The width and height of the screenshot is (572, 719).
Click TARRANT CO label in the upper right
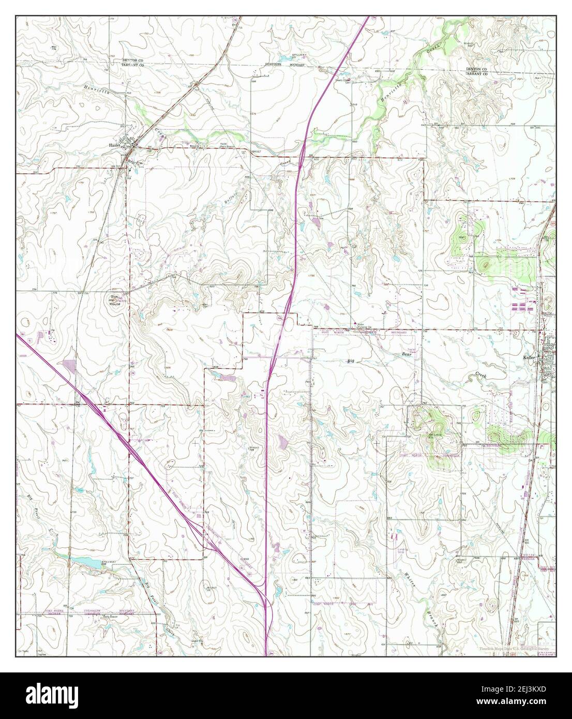[476, 74]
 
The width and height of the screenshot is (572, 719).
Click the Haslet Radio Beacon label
[223, 145]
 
